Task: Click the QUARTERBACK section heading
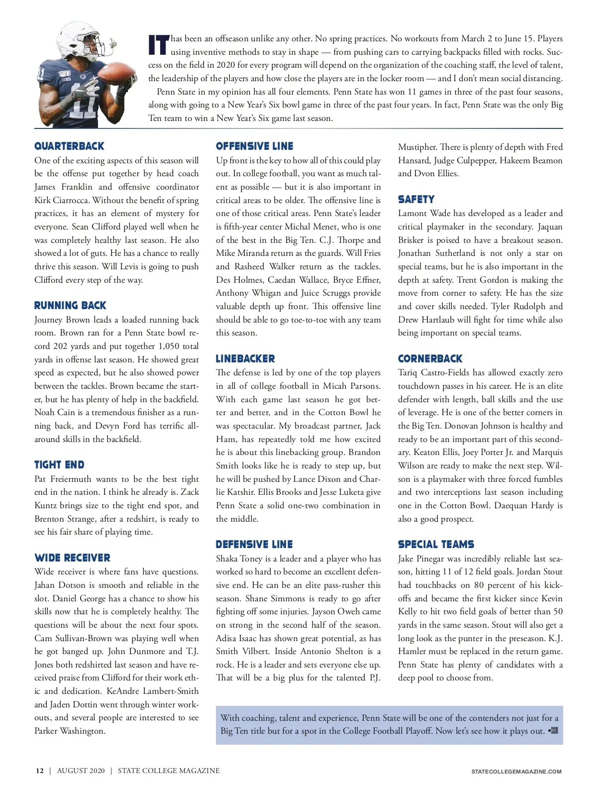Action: [69, 146]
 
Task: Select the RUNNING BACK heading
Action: [70, 306]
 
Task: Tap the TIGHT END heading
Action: [59, 465]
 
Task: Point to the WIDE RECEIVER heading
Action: [72, 558]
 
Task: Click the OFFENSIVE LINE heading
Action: [254, 146]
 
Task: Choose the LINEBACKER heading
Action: [245, 359]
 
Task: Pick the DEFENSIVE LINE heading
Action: [254, 545]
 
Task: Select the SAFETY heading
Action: [416, 200]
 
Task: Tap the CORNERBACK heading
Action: [430, 359]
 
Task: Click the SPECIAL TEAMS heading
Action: [436, 545]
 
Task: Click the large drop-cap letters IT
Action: [159, 45]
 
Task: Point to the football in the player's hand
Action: [118, 75]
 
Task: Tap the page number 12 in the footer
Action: [40, 771]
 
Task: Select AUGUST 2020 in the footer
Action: [81, 771]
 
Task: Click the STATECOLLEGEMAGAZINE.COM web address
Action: [516, 772]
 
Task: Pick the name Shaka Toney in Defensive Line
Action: [239, 559]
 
